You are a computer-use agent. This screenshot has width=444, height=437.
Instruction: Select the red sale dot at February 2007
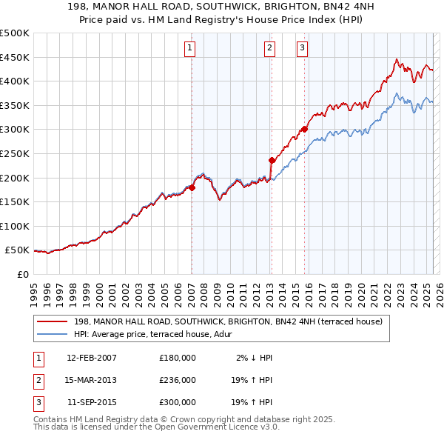[192, 187]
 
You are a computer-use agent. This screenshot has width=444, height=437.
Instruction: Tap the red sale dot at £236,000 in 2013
[272, 160]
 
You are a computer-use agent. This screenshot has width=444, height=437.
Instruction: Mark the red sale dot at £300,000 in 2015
[304, 129]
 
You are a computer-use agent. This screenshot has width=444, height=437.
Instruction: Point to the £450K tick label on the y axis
[15, 57]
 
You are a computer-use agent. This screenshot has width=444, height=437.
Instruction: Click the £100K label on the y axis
[15, 226]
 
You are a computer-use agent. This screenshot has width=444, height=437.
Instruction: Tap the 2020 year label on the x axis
[360, 291]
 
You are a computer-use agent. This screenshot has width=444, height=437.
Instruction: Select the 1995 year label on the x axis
[34, 291]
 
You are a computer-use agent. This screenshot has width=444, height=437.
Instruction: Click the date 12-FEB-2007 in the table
[91, 358]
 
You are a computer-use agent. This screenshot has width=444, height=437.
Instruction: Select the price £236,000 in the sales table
[178, 380]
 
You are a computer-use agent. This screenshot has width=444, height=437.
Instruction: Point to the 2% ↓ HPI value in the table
[254, 358]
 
